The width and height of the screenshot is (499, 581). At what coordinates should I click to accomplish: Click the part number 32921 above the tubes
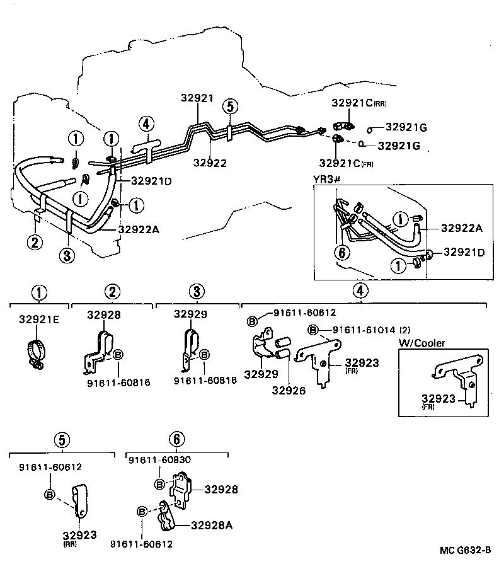(197, 98)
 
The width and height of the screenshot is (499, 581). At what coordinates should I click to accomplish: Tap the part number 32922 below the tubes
(210, 163)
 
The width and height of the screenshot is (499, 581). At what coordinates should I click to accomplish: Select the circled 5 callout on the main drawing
(230, 106)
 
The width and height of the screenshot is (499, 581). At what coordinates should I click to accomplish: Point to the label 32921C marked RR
(358, 103)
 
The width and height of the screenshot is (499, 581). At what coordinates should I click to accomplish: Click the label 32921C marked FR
(346, 163)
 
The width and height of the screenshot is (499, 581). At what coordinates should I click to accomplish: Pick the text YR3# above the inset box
(326, 180)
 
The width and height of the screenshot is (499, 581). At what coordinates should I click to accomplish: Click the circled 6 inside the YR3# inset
(342, 253)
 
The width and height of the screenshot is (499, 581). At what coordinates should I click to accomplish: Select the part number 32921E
(39, 319)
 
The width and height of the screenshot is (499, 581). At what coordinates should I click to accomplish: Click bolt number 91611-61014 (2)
(371, 330)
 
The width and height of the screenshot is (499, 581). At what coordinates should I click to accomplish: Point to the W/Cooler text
(422, 343)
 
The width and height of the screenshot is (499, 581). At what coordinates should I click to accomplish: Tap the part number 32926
(289, 391)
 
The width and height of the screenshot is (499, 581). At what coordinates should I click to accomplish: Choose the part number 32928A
(212, 526)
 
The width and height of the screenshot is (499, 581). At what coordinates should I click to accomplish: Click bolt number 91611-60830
(159, 460)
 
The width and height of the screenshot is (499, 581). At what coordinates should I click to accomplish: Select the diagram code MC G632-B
(465, 550)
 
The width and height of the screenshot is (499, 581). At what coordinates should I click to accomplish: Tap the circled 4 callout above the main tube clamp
(146, 124)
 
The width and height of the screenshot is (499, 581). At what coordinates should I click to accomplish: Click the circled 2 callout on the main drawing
(35, 243)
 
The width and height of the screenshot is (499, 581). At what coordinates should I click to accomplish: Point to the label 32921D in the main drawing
(151, 181)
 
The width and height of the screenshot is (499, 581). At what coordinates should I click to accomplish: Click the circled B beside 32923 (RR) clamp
(50, 494)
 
